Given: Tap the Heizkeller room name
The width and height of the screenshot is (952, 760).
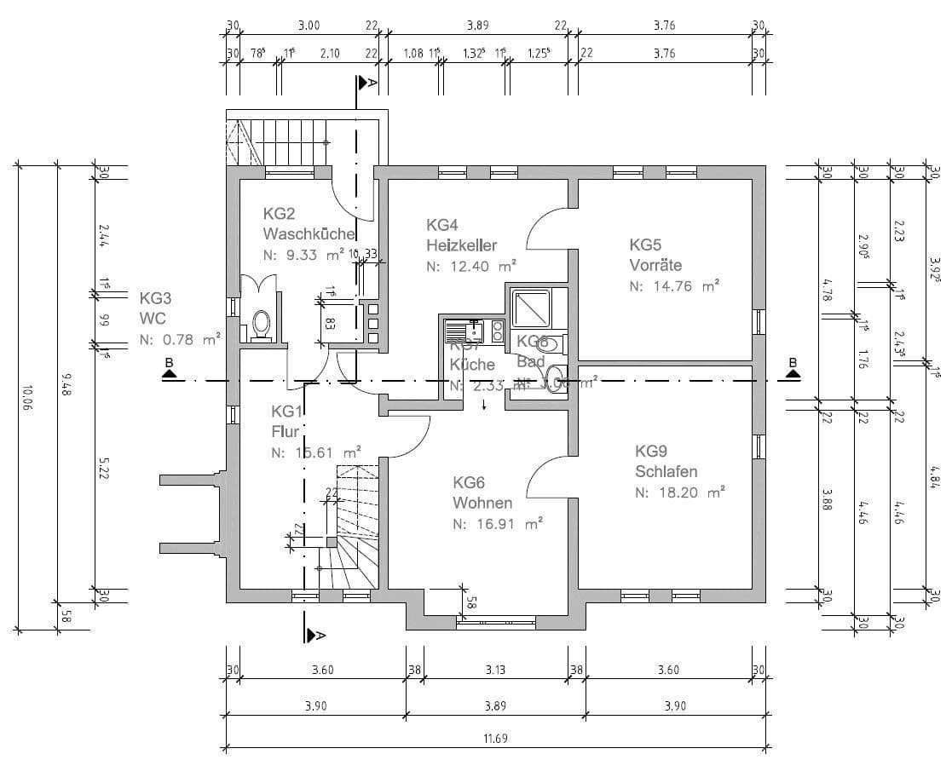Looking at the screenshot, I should coord(461,245).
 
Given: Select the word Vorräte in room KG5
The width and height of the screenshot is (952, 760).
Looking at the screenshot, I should coord(655,265).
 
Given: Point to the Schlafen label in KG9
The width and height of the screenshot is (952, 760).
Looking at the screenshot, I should coord(666,471).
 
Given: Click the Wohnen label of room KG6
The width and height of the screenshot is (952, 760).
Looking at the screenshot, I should coord(482,503).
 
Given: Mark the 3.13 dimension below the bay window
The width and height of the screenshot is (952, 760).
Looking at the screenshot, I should coord(494,671).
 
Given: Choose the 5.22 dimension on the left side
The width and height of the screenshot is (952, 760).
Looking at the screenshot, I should coord(102,467).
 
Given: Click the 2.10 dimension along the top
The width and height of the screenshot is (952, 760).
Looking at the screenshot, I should coord(329,53).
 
